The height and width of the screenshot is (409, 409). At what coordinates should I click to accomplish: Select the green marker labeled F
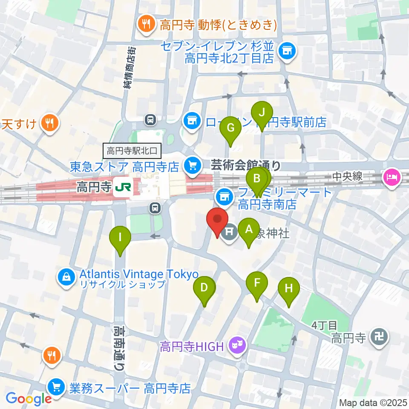257,282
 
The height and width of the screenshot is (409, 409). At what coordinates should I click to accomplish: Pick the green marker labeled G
230,127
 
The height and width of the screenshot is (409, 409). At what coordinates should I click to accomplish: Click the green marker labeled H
289,288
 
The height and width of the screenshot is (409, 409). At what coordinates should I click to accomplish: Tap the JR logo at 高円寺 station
123,187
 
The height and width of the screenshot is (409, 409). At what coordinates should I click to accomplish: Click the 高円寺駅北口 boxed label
132,150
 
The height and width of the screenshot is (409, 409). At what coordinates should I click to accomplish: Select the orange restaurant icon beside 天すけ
51,124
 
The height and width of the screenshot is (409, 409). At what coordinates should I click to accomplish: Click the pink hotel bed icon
391,177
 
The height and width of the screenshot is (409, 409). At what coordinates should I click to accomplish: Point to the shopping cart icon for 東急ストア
193,164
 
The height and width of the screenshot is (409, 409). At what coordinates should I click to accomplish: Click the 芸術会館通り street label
246,164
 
